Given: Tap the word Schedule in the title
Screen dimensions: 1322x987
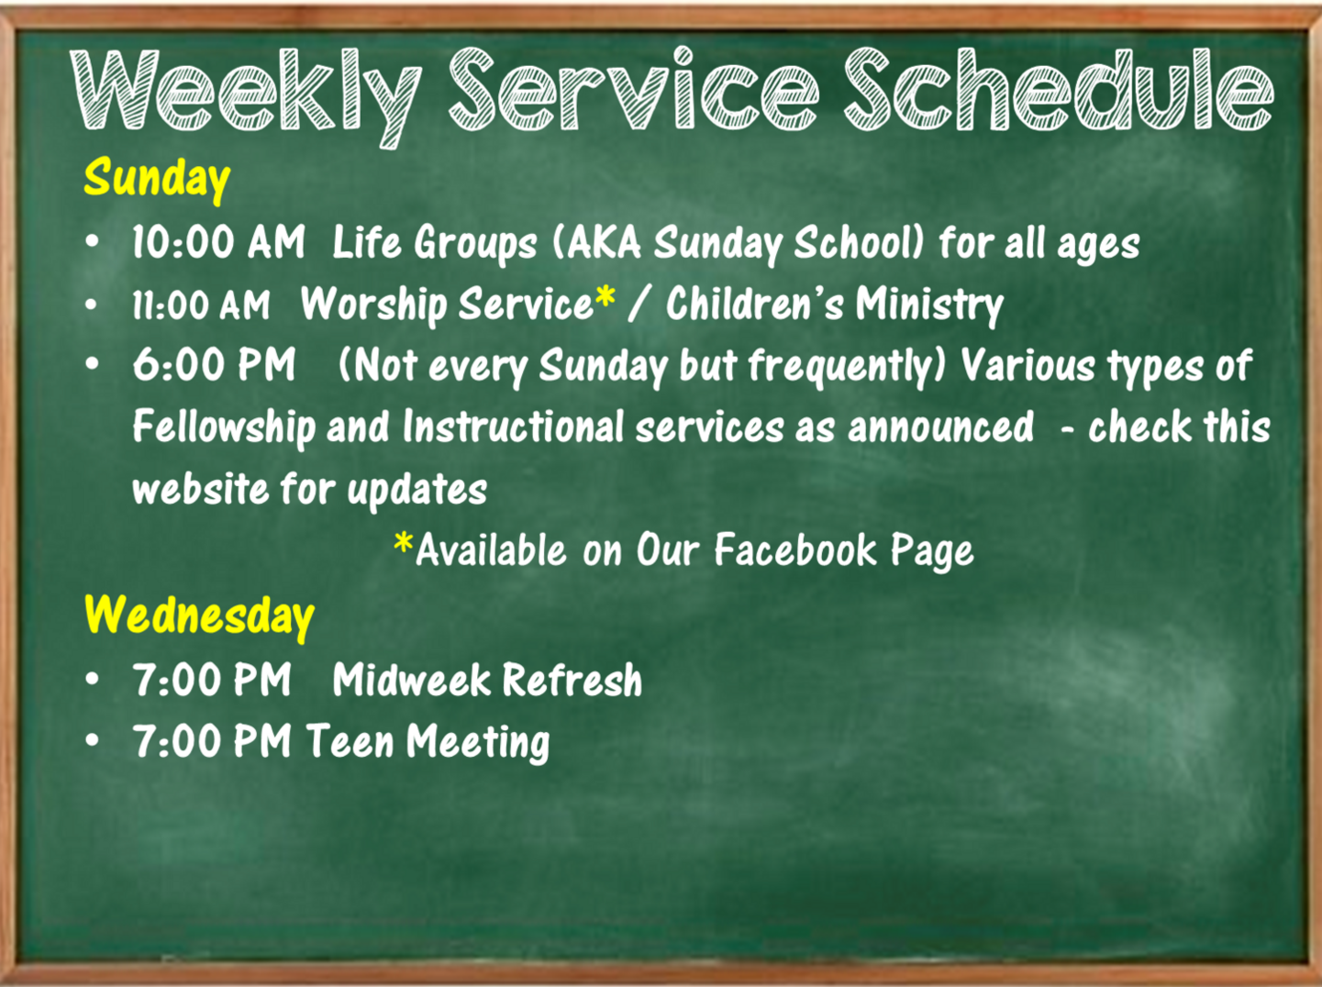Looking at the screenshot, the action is [x=1058, y=89].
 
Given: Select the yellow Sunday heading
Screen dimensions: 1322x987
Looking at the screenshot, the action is [x=157, y=179].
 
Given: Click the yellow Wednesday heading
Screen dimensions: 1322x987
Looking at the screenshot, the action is [x=199, y=616].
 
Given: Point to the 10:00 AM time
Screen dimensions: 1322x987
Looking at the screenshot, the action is [x=218, y=243].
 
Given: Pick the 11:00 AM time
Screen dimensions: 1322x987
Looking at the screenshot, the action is [x=201, y=305].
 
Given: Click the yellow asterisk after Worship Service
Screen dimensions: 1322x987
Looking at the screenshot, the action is [x=605, y=297].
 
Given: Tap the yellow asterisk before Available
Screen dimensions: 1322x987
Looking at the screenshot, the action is [x=404, y=543].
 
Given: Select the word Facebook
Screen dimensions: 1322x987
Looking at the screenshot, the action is [x=795, y=549].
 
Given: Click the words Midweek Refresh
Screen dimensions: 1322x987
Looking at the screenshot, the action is [x=487, y=680].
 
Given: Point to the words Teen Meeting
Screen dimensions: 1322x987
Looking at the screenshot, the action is [x=428, y=742].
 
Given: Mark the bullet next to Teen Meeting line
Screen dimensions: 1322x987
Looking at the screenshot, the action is [x=92, y=740].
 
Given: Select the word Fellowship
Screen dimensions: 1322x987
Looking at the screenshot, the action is [x=224, y=428].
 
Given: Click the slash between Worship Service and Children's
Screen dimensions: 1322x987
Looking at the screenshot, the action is [x=639, y=305].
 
